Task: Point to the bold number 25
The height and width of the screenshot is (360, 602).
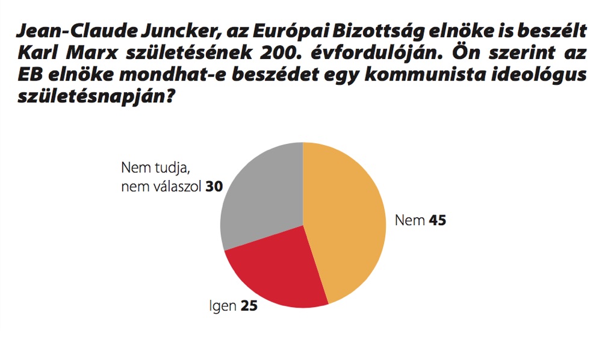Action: (x=249, y=306)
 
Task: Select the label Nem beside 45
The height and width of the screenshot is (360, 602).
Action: (x=410, y=220)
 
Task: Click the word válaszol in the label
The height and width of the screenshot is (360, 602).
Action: (x=174, y=187)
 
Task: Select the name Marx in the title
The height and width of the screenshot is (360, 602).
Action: (x=93, y=54)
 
